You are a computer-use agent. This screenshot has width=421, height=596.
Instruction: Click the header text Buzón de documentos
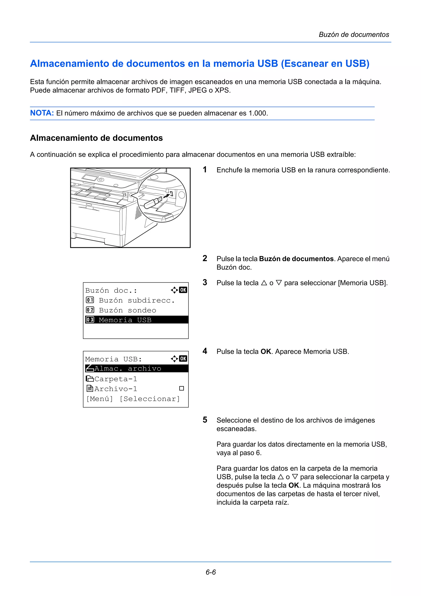(x=354, y=35)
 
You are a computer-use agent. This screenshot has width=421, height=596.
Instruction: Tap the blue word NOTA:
(x=42, y=113)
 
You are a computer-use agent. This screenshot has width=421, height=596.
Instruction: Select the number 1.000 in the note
(x=258, y=113)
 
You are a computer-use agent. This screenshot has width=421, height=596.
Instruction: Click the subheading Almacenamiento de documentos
(x=96, y=138)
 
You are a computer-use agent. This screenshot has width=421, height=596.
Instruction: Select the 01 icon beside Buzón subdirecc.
(x=90, y=300)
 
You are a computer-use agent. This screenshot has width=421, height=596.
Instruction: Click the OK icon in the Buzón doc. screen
(x=183, y=290)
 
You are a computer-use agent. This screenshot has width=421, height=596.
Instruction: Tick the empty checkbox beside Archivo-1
(x=182, y=388)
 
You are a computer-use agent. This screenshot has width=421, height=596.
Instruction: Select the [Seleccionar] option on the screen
(x=150, y=399)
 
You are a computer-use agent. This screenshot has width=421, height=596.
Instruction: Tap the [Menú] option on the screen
(x=100, y=399)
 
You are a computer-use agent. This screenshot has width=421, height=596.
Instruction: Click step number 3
(x=205, y=282)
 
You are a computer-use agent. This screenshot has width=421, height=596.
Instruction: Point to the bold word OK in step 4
(x=266, y=351)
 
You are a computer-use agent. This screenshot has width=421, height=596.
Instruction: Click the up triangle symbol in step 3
(x=264, y=283)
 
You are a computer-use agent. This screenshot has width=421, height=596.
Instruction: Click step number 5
(x=205, y=420)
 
